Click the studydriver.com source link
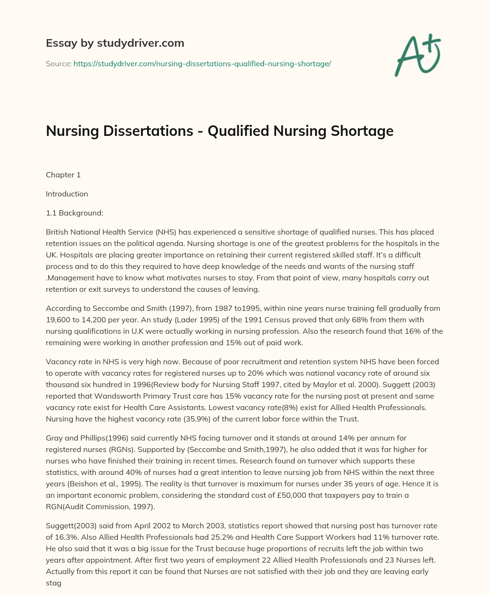coord(202,63)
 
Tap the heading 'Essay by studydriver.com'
coord(115,43)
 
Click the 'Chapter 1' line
coord(63,175)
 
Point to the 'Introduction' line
coord(67,194)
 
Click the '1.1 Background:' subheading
coord(74,213)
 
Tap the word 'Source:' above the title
coord(58,63)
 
